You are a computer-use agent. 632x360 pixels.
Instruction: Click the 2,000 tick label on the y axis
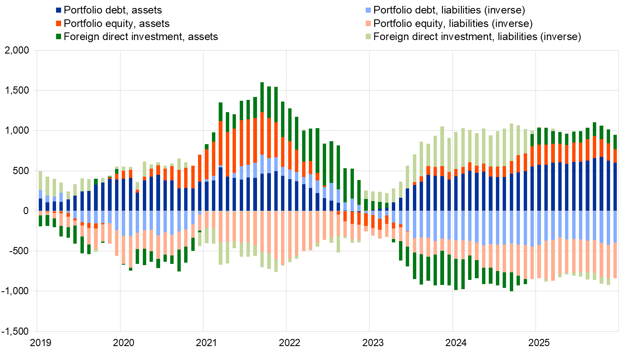(x=17, y=51)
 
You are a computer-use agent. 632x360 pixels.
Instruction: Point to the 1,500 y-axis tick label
(x=17, y=91)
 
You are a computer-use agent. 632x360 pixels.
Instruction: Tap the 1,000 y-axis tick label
(x=17, y=131)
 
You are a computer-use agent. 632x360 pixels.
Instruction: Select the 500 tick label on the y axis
(x=21, y=171)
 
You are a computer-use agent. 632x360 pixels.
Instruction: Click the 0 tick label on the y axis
(x=26, y=211)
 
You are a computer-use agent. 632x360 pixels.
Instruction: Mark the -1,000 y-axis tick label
(x=15, y=291)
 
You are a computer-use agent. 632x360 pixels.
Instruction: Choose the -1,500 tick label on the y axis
(x=15, y=331)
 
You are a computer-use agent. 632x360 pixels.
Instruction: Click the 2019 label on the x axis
(x=40, y=343)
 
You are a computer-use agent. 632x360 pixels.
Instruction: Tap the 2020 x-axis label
(x=123, y=343)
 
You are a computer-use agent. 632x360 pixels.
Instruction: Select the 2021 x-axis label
(x=206, y=343)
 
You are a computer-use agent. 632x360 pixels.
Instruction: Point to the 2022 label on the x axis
(x=289, y=343)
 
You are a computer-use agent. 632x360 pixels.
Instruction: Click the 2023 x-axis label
(x=373, y=343)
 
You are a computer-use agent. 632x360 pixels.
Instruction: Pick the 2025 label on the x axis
(x=539, y=343)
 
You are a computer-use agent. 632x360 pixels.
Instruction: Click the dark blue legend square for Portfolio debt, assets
(x=59, y=10)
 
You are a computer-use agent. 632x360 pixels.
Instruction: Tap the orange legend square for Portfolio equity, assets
(x=59, y=24)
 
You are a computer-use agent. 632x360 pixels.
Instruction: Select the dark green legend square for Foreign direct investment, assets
(x=59, y=37)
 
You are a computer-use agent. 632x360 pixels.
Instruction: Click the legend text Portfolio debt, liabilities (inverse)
(x=449, y=10)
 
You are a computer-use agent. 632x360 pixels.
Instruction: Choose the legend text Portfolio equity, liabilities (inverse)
(x=453, y=24)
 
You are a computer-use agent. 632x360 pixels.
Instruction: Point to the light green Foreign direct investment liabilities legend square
(x=368, y=37)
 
